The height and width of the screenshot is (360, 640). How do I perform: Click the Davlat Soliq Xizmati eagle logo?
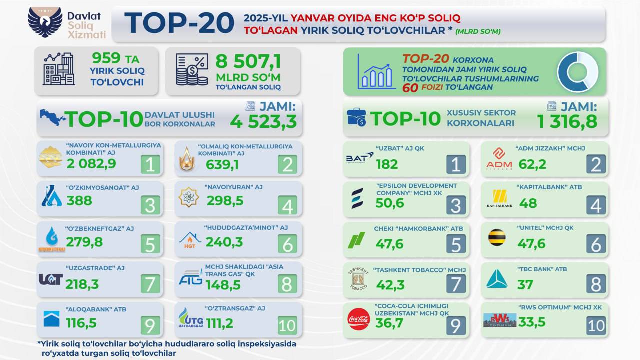click(45, 23)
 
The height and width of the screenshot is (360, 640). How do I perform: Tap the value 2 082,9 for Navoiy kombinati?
click(92, 163)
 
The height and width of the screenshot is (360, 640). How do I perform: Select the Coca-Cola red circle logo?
click(358, 319)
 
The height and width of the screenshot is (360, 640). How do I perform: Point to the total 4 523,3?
click(263, 121)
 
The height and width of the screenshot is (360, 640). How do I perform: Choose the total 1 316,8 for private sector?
click(567, 121)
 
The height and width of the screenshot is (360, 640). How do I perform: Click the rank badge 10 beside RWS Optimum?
click(595, 325)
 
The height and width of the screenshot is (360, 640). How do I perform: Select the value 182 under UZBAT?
click(387, 163)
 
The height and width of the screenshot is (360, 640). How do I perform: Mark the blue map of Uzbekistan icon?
click(53, 118)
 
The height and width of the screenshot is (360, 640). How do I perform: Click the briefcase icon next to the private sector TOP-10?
click(357, 117)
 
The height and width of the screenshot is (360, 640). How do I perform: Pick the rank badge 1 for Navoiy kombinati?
click(150, 164)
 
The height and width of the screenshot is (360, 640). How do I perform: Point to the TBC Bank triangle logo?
click(497, 279)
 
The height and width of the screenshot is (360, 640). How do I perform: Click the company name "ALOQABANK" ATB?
click(96, 309)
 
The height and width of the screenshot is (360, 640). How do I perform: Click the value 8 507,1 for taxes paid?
click(248, 62)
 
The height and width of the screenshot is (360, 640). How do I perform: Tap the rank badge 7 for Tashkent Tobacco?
click(455, 284)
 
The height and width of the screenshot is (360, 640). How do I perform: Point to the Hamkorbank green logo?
click(356, 240)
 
